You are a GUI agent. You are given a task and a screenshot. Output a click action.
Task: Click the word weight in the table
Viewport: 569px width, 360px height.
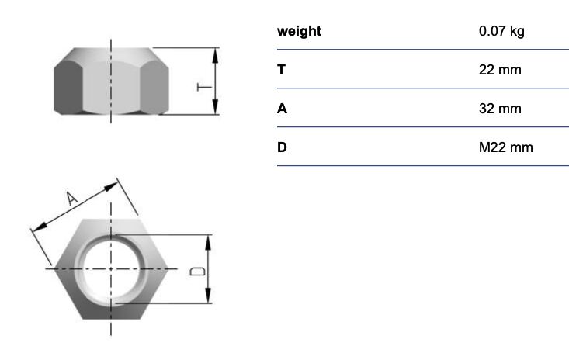point(299,31)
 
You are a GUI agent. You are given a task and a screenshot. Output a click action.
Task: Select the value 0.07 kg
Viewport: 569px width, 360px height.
point(501,31)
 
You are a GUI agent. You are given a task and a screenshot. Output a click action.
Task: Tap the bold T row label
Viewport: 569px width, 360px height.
point(281,70)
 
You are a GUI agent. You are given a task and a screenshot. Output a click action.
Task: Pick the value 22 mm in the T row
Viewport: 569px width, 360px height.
point(500,70)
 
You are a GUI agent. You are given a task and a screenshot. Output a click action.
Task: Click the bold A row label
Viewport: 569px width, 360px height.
point(282,109)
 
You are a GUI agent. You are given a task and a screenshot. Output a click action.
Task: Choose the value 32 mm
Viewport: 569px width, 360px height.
point(500,109)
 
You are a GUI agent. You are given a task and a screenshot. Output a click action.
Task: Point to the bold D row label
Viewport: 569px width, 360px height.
point(282,147)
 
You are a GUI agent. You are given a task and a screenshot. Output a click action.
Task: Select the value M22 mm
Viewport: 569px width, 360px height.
point(506,147)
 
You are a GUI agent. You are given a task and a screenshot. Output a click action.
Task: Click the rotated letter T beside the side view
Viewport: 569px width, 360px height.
point(204,87)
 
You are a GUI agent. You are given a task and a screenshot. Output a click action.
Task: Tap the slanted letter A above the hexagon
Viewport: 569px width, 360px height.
point(71,199)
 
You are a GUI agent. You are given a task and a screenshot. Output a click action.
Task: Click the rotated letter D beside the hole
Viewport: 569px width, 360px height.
point(198,272)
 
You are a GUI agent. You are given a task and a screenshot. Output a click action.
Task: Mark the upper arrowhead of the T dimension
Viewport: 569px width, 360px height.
point(215,56)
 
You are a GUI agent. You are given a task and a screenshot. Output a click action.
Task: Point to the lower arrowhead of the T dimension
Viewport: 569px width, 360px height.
point(215,106)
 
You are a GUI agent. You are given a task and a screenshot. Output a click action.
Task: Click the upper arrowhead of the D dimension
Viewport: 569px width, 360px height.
point(208,243)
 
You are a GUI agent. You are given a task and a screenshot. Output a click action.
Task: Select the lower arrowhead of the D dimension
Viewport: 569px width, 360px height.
point(208,295)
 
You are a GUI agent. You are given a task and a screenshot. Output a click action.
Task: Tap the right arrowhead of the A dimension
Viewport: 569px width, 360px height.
point(111,186)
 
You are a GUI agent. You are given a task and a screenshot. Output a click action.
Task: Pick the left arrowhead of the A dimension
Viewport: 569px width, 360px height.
point(40,227)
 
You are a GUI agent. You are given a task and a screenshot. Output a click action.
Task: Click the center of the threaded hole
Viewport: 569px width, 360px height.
point(111,269)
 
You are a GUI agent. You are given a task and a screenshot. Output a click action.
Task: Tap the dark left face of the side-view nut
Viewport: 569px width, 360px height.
point(68,87)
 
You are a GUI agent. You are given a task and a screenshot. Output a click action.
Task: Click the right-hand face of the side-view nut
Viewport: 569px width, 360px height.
point(154,87)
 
